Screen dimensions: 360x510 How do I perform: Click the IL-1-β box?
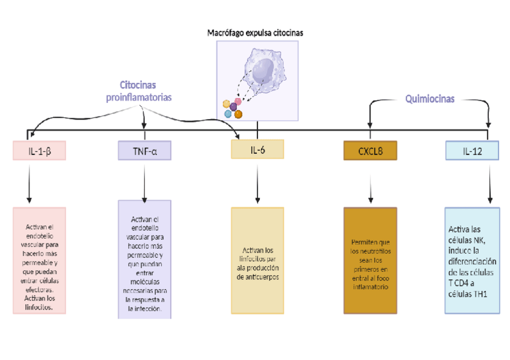39,151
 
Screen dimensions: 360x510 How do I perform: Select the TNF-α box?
144,151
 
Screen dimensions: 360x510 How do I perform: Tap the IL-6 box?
257,150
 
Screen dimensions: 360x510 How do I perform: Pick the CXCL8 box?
370,151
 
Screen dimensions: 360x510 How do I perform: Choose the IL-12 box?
472,150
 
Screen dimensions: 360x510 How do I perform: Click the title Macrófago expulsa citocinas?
255,33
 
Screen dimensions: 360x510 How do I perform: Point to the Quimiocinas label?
429,99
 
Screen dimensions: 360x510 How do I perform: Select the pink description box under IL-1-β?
39,260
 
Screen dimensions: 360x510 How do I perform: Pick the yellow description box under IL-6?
257,260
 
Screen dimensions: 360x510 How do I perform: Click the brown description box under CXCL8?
370,260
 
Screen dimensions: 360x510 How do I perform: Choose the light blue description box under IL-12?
472,260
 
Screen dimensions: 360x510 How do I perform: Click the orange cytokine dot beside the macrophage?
238,114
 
